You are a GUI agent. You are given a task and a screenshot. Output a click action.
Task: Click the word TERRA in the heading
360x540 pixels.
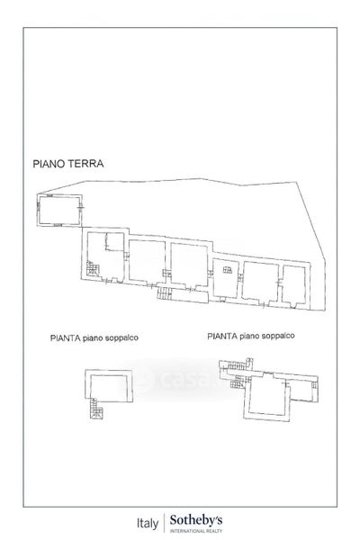pyautogui.click(x=85, y=163)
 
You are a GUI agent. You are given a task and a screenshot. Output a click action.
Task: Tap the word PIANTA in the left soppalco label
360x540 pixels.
pyautogui.click(x=65, y=337)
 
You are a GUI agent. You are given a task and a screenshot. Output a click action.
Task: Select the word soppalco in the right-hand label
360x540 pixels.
pyautogui.click(x=278, y=336)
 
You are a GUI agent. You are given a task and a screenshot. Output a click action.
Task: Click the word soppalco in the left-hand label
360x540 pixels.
pyautogui.click(x=121, y=337)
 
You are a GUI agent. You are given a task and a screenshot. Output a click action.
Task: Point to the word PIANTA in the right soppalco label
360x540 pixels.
pyautogui.click(x=222, y=336)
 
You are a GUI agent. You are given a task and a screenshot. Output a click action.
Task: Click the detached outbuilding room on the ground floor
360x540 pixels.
pyautogui.click(x=59, y=210)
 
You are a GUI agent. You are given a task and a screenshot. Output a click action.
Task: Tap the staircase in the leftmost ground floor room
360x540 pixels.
pyautogui.click(x=93, y=268)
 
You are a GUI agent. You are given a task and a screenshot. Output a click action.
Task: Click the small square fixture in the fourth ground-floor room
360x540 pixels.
pyautogui.click(x=228, y=270)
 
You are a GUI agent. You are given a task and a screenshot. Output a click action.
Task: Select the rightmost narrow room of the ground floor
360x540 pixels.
pyautogui.click(x=293, y=285)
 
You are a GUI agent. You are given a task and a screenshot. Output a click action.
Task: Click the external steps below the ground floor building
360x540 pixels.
pyautogui.click(x=165, y=293)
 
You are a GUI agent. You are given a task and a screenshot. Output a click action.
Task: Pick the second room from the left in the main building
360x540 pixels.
pyautogui.click(x=147, y=261)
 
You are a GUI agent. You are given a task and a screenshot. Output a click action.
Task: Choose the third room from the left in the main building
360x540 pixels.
pyautogui.click(x=189, y=265)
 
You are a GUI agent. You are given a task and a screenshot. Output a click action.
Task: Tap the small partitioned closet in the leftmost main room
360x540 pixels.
pyautogui.click(x=114, y=241)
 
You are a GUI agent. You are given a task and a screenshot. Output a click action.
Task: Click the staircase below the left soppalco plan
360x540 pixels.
pyautogui.click(x=96, y=409)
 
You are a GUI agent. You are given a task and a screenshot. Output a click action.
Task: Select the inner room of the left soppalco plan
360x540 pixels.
pyautogui.click(x=109, y=387)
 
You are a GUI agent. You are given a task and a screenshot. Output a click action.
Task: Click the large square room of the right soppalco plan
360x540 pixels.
pyautogui.click(x=268, y=395)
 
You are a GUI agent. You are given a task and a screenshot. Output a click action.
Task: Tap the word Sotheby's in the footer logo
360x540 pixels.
pyautogui.click(x=196, y=520)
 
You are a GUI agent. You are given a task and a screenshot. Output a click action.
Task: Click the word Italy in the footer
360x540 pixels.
pyautogui.click(x=148, y=523)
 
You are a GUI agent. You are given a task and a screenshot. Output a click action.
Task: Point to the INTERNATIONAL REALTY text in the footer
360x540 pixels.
pyautogui.click(x=196, y=531)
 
